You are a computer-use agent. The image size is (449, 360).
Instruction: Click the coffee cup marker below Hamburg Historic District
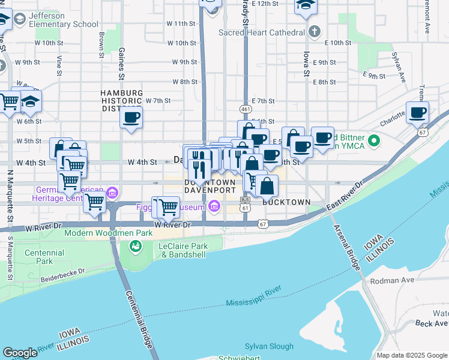point(131,116)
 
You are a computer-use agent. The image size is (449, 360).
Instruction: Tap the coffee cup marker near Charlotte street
point(417,112)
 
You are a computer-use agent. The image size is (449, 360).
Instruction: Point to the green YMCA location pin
point(375,141)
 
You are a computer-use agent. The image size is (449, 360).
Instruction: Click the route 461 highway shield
point(245,109)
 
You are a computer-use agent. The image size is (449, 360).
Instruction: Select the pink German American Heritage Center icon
point(112,193)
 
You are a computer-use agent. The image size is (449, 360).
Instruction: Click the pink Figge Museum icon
point(215,208)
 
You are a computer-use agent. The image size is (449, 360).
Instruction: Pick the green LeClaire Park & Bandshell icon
point(136,246)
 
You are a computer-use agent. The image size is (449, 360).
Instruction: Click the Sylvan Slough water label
point(269,346)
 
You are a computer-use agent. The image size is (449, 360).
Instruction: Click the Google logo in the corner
point(20,353)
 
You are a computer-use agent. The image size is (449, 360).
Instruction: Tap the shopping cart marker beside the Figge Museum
point(168,207)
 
